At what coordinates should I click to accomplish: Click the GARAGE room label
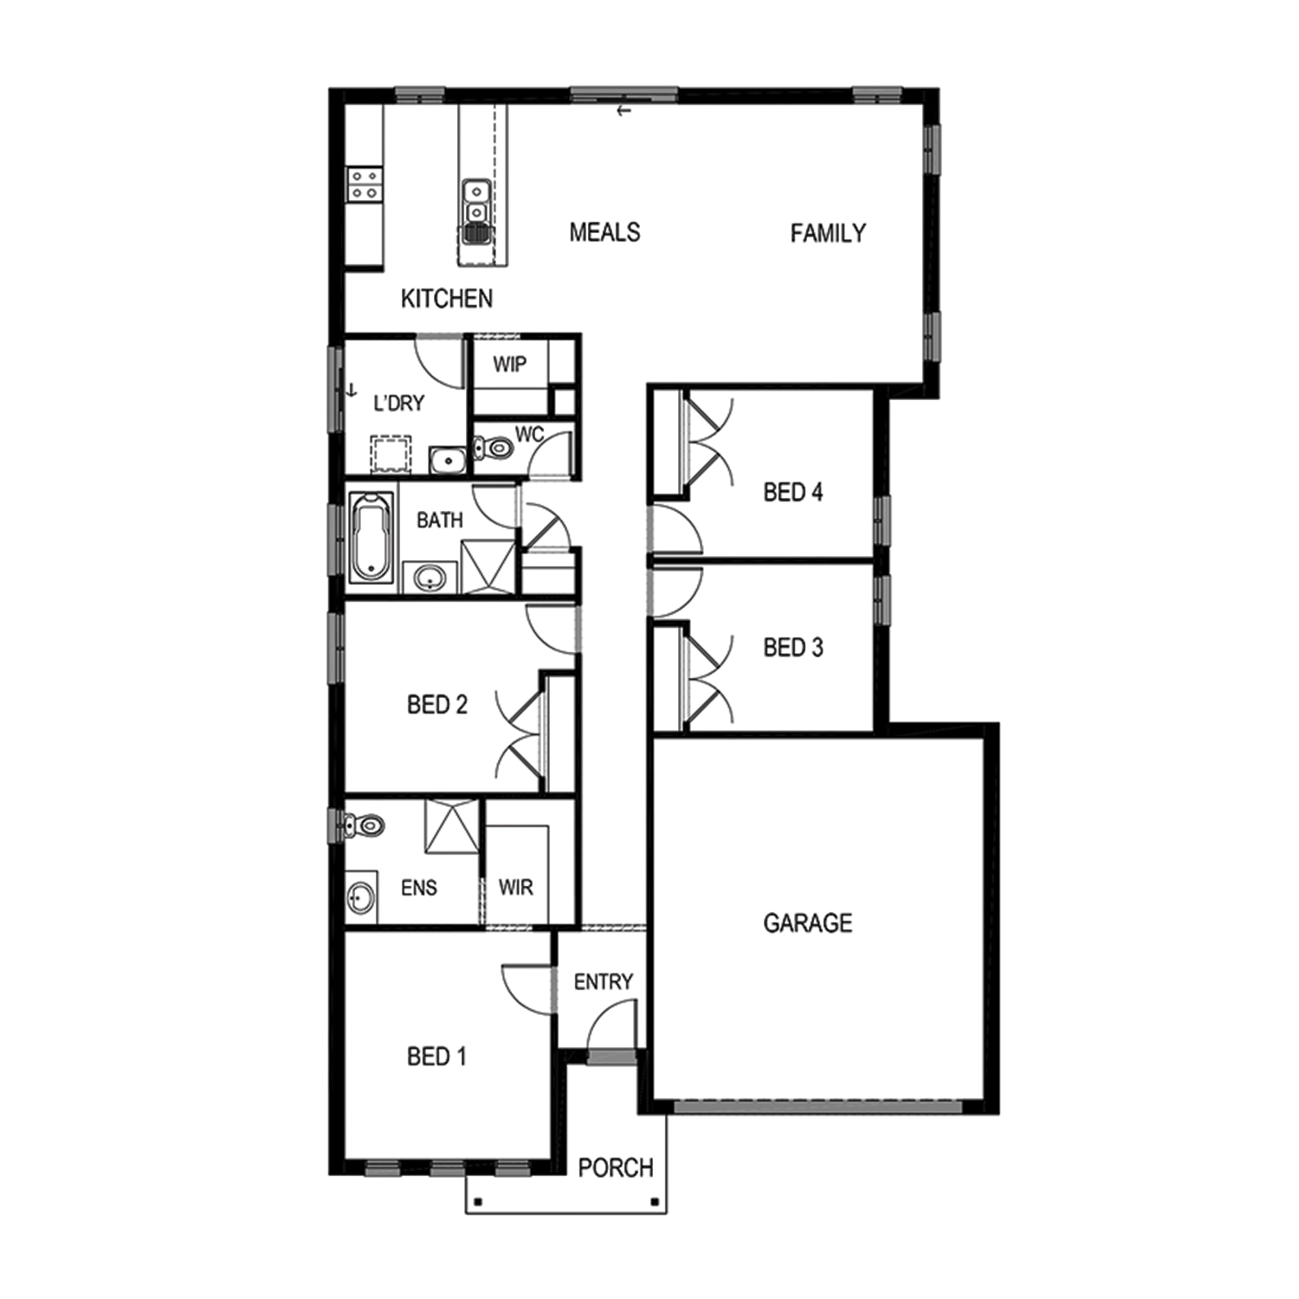point(807,923)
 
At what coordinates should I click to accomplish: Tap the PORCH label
point(616,1168)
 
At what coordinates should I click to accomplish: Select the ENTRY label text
point(604,982)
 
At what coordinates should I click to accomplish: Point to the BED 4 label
point(793,493)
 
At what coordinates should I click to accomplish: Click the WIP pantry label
point(509,365)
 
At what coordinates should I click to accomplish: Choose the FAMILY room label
point(828,233)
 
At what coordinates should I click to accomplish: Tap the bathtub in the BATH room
point(372,537)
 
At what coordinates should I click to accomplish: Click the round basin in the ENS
point(361,899)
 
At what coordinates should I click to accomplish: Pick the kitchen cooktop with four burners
point(364,184)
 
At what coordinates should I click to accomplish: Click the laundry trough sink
point(448,460)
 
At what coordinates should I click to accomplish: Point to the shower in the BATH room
point(488,566)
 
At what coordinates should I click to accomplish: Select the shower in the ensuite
point(451,826)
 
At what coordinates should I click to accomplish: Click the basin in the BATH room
point(430,577)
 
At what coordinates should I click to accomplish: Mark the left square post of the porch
point(477,1202)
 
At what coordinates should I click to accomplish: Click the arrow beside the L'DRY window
point(352,391)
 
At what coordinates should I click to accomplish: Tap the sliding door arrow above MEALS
point(624,111)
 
